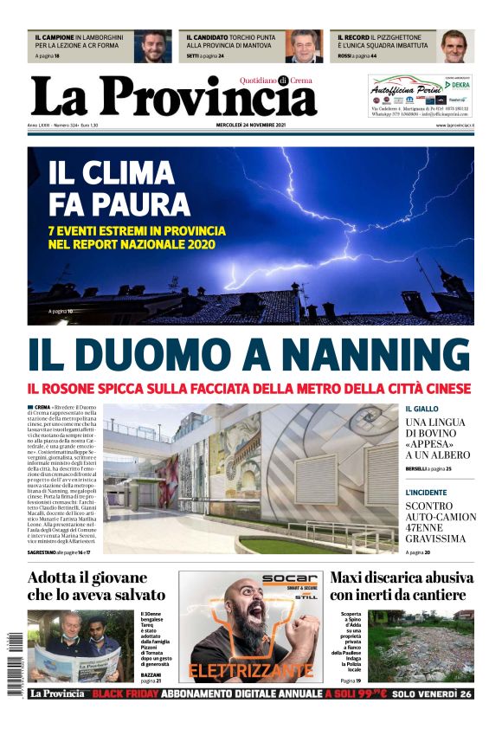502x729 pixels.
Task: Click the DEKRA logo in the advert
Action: click(458, 85)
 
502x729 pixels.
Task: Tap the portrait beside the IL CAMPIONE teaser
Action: click(156, 47)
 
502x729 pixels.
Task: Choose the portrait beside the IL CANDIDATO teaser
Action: click(305, 47)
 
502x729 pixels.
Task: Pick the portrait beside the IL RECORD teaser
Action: click(455, 47)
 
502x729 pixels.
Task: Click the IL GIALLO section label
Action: click(422, 409)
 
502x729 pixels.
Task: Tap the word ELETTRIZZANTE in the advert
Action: click(250, 670)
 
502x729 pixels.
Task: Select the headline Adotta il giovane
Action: click(87, 577)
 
